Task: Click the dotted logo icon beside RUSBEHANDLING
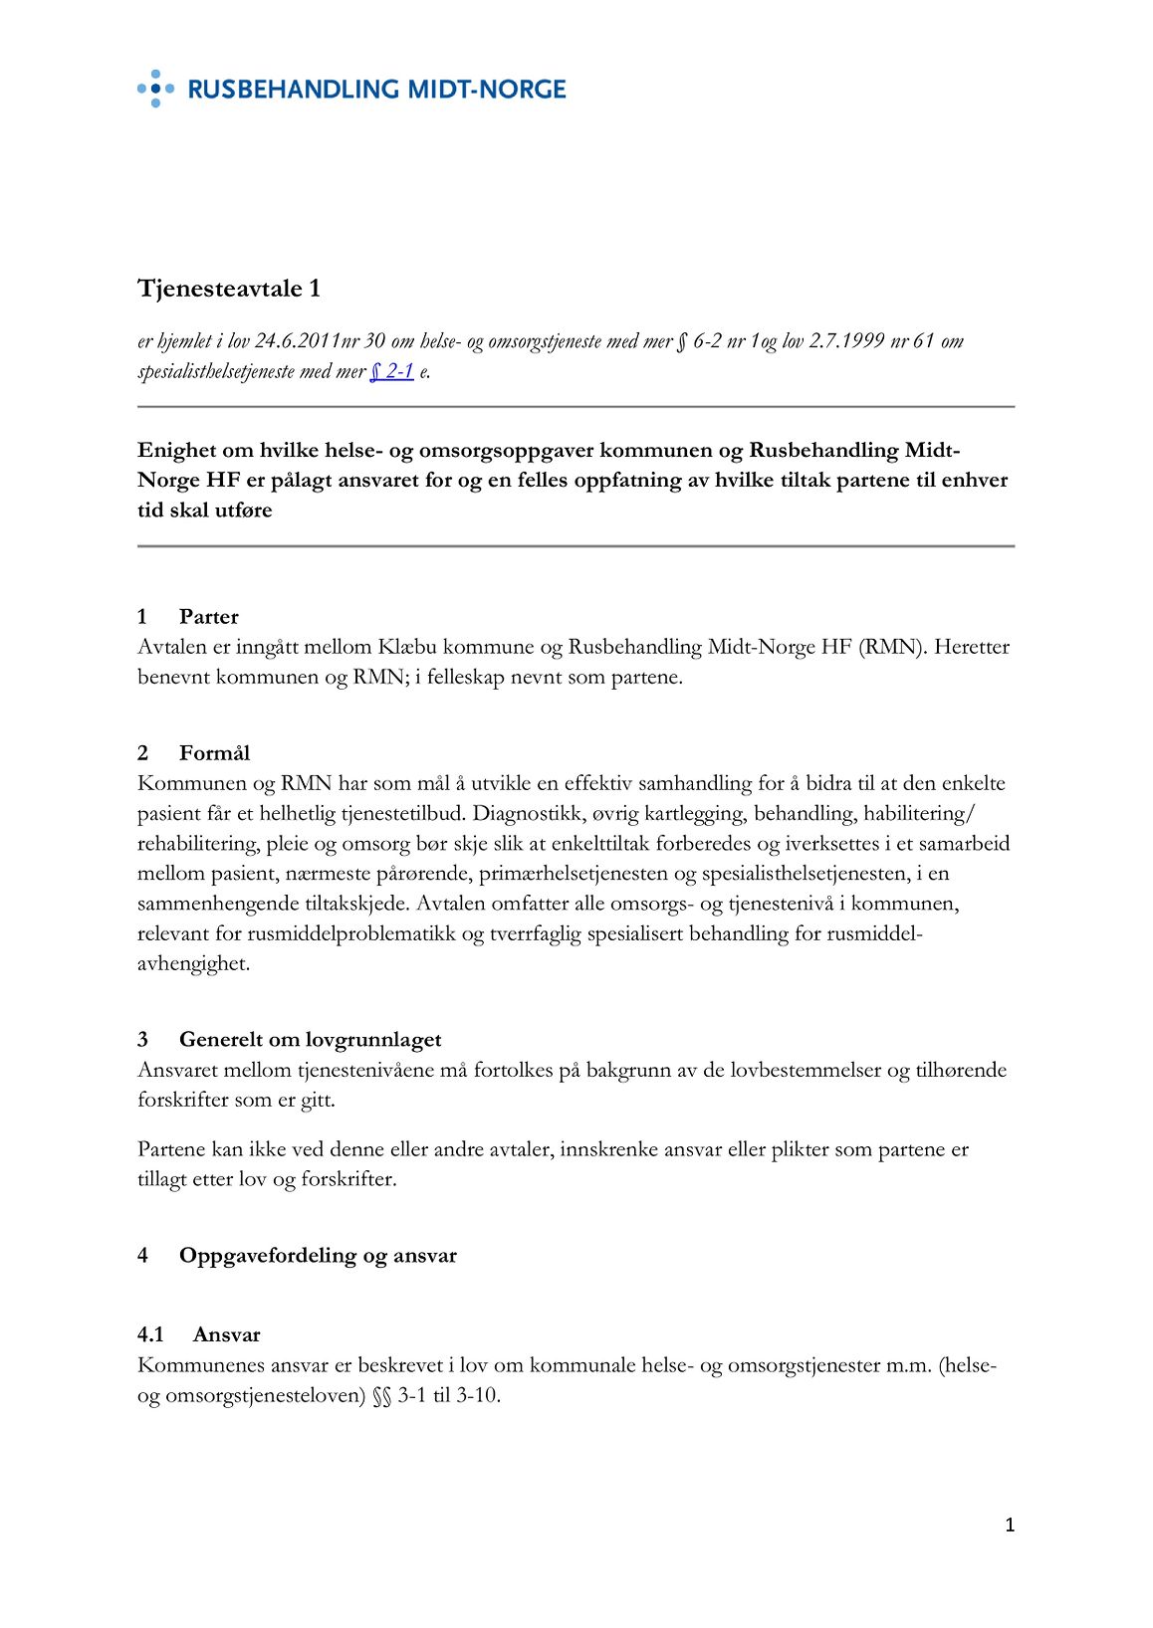point(154,89)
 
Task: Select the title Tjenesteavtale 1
point(229,289)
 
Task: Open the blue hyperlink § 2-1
point(391,372)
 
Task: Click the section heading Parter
point(208,617)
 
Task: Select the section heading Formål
point(214,753)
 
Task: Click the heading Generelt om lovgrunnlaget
point(310,1040)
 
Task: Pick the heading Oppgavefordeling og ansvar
point(318,1256)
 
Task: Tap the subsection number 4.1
point(150,1335)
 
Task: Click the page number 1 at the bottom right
point(1010,1526)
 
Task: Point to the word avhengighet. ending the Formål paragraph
point(193,963)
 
